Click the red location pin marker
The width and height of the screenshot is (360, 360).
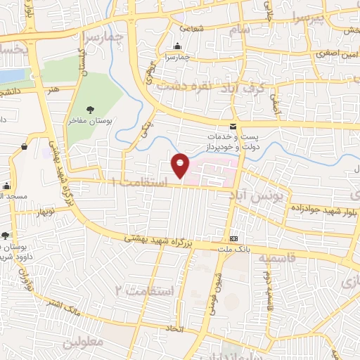click(181, 165)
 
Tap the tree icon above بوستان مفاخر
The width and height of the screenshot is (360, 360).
click(90, 108)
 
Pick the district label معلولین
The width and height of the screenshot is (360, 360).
click(84, 342)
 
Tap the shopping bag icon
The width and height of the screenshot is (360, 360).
click(25, 146)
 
